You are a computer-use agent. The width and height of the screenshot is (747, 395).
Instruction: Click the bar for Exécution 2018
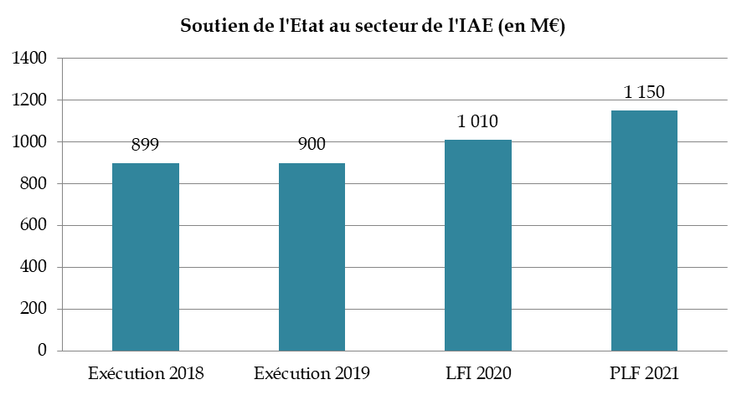point(146,256)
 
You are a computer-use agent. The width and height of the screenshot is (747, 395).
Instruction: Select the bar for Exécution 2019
point(312,256)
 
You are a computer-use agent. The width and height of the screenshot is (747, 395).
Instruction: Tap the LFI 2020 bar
point(478,244)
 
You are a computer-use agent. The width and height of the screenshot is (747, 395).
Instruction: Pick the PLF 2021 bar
point(644,230)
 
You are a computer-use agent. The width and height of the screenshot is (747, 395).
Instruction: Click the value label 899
point(146,144)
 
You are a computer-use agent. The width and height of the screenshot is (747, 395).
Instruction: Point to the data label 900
point(312,144)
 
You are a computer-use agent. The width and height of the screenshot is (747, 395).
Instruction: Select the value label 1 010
point(478,121)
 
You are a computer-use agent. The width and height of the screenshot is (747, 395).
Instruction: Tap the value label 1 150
point(644,92)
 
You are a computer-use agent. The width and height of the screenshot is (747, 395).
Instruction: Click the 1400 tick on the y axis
point(29,59)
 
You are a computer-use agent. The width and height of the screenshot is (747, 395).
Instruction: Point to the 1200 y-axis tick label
point(29,100)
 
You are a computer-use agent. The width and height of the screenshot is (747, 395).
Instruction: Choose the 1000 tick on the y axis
point(29,142)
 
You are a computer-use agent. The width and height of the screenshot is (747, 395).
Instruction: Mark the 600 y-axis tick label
point(34,226)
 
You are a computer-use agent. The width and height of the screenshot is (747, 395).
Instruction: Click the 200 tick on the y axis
point(34,310)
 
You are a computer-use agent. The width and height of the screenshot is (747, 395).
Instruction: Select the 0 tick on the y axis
point(42,351)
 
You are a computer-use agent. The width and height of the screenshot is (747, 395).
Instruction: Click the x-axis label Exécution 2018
point(146,372)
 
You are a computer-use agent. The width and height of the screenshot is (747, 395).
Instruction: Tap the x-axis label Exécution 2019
point(312,372)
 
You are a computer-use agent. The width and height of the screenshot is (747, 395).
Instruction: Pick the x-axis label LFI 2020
point(478,372)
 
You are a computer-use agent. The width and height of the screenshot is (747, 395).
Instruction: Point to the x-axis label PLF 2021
point(644,372)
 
